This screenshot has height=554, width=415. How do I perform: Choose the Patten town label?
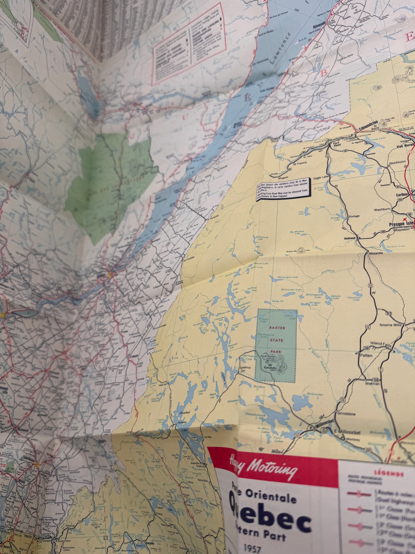click(x=366, y=355)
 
